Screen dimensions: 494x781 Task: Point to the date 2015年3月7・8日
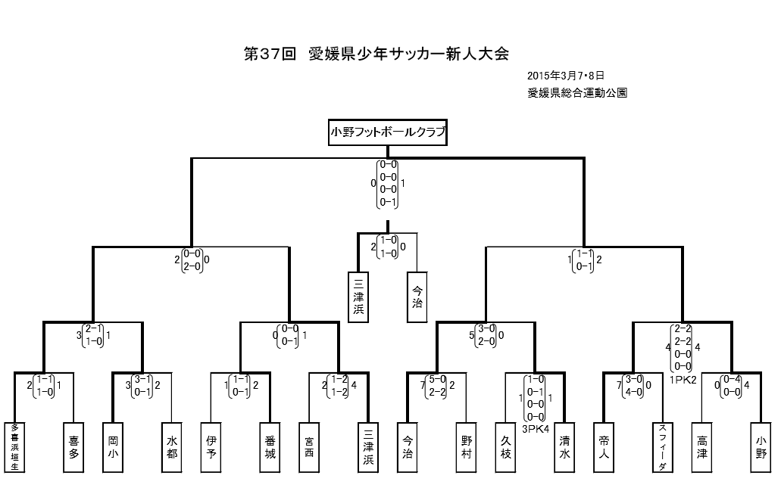(565, 76)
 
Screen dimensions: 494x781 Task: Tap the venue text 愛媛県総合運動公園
(578, 94)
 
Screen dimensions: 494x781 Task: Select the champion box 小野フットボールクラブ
(387, 133)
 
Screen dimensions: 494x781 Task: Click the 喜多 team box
(73, 446)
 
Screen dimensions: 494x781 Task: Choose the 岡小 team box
(113, 446)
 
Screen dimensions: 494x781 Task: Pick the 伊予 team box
(211, 446)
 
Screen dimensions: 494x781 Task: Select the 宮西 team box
(309, 446)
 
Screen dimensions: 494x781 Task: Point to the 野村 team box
(466, 446)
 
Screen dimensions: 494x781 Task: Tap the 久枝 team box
(506, 446)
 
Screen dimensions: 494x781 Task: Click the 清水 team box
(564, 446)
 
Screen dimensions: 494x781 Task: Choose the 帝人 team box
(604, 446)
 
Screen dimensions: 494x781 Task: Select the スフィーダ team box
(662, 446)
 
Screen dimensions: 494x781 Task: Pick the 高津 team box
(702, 446)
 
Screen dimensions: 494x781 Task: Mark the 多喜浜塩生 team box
(14, 446)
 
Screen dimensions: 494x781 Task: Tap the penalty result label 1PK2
(683, 381)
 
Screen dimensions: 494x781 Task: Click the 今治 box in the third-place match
(417, 296)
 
